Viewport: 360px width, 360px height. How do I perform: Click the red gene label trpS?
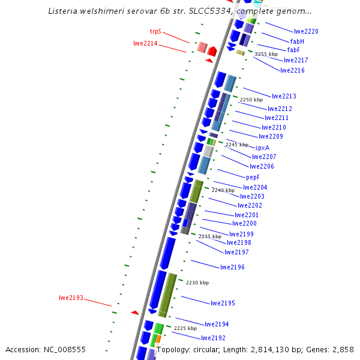[x=155, y=31]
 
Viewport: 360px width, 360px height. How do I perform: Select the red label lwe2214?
[x=145, y=43]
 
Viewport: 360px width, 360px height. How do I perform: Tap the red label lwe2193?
[x=71, y=298]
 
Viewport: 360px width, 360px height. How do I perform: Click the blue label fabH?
[x=297, y=41]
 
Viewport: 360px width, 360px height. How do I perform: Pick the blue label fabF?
[x=293, y=50]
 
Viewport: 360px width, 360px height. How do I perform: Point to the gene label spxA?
[x=262, y=148]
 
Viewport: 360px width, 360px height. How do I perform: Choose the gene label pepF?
[x=253, y=177]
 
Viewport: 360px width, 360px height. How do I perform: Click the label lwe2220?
[x=306, y=31]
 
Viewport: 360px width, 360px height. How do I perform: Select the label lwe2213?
[x=284, y=96]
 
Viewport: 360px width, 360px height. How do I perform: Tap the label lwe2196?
[x=232, y=267]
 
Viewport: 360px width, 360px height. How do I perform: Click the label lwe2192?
[x=213, y=338]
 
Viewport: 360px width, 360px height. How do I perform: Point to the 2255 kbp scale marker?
[x=266, y=54]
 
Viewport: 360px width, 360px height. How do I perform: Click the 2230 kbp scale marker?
[x=197, y=283]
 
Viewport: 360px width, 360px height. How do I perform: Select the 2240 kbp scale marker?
[x=223, y=190]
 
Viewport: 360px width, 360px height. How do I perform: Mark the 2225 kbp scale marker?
[x=185, y=328]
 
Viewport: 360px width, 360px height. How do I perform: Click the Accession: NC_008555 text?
[x=46, y=349]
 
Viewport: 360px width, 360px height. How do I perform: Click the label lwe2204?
[x=255, y=187]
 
